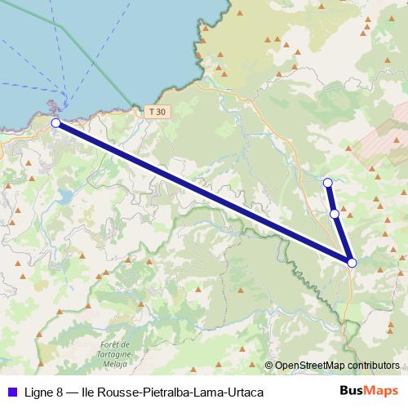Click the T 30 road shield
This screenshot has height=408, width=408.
click(x=157, y=112)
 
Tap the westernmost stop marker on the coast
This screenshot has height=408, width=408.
click(x=55, y=122)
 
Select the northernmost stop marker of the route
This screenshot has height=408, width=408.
click(x=327, y=182)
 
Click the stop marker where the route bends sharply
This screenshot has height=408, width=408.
click(x=352, y=262)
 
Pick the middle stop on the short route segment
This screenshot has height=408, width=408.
click(x=335, y=214)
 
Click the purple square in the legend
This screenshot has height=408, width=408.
click(x=10, y=392)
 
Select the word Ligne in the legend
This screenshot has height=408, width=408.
click(x=37, y=392)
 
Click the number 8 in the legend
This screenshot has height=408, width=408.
click(x=60, y=392)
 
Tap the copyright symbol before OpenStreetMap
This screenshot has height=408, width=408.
click(x=269, y=366)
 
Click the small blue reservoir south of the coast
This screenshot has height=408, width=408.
click(x=64, y=196)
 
